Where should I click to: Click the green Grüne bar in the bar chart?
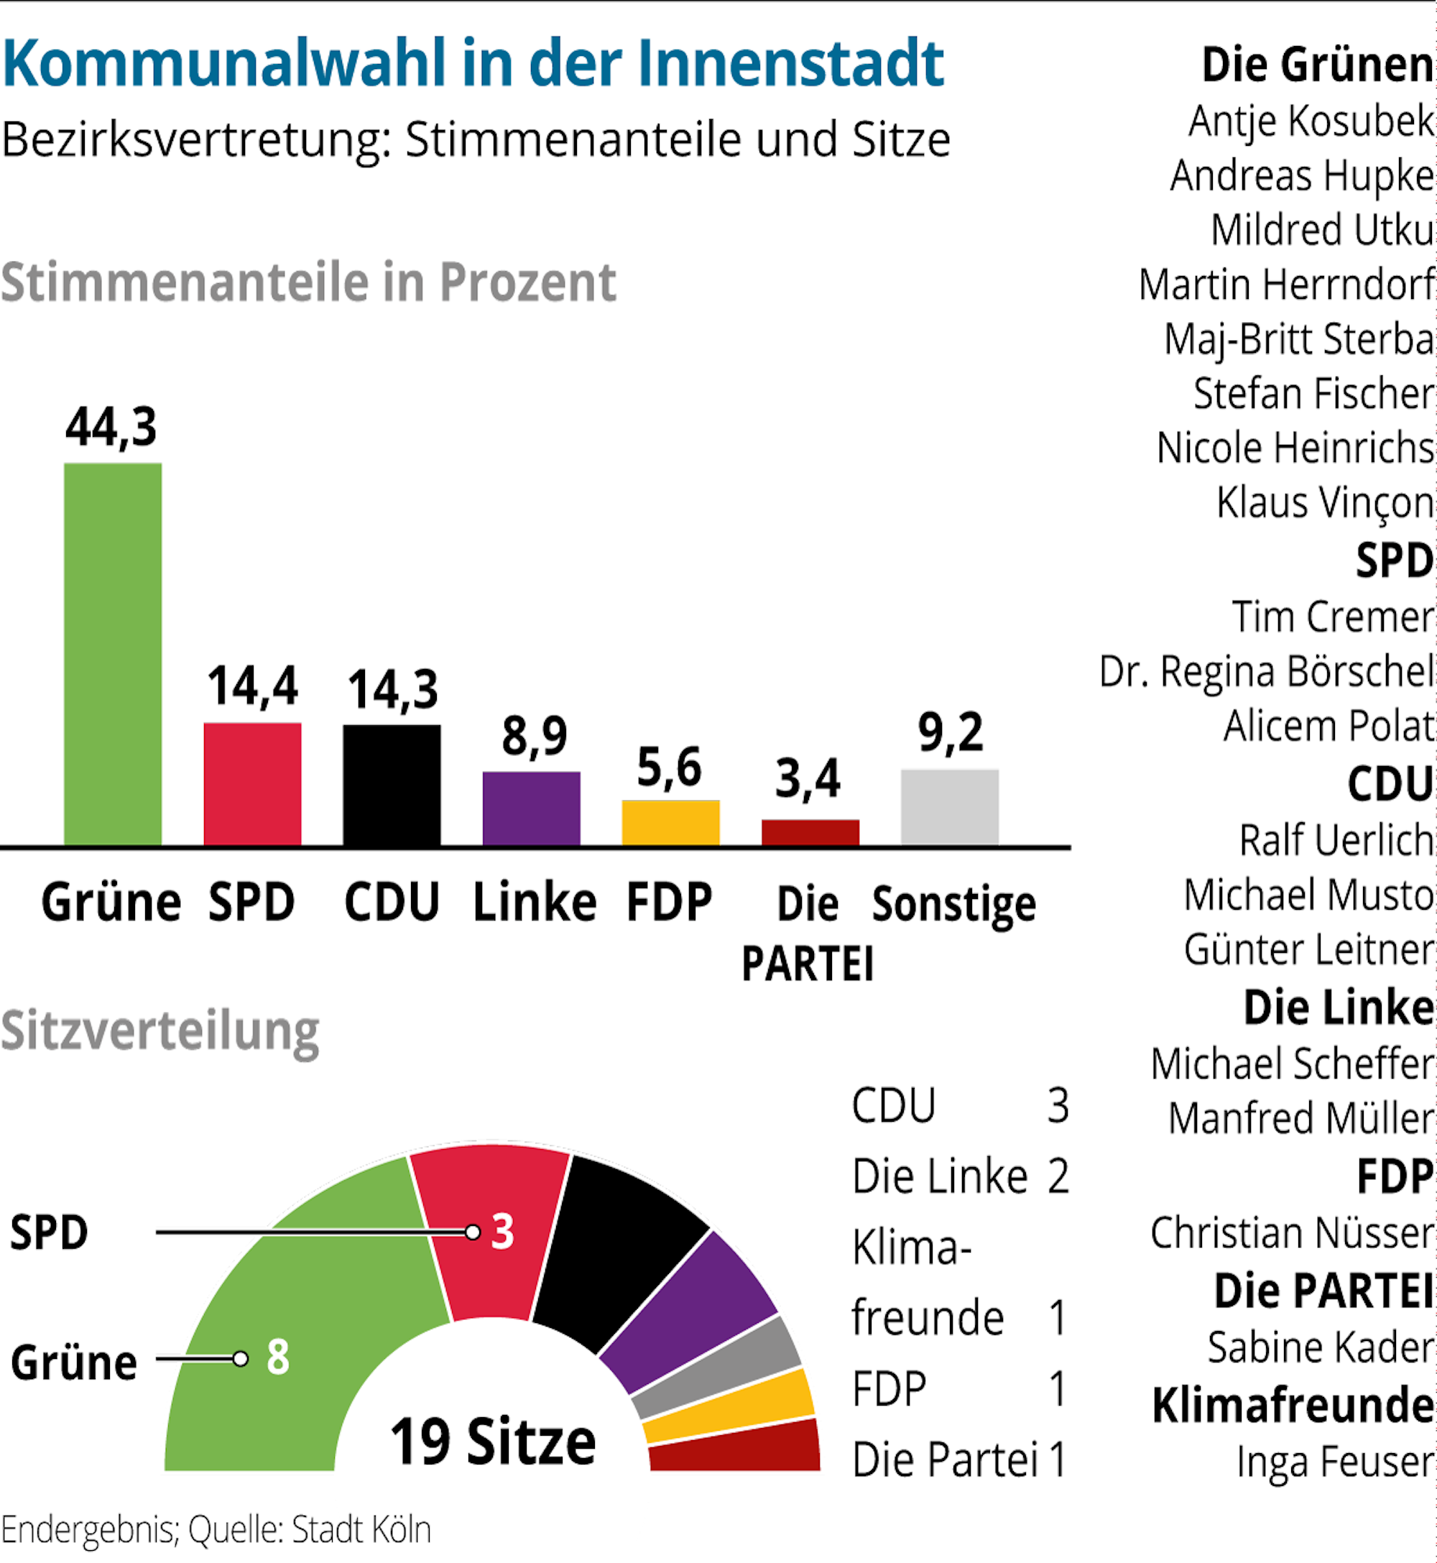click(113, 653)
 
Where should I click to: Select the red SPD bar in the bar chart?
click(252, 783)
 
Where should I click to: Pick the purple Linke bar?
click(531, 808)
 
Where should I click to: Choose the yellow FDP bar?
click(670, 822)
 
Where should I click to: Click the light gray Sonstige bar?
click(949, 806)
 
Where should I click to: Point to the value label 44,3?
click(111, 427)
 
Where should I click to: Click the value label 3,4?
click(808, 778)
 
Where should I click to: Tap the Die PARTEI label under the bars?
click(808, 933)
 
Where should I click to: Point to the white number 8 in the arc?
click(277, 1357)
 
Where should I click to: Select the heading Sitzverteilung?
click(160, 1031)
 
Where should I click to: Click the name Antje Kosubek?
click(1311, 121)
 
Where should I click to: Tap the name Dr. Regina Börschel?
click(1266, 671)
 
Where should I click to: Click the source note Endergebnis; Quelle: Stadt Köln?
click(216, 1529)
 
